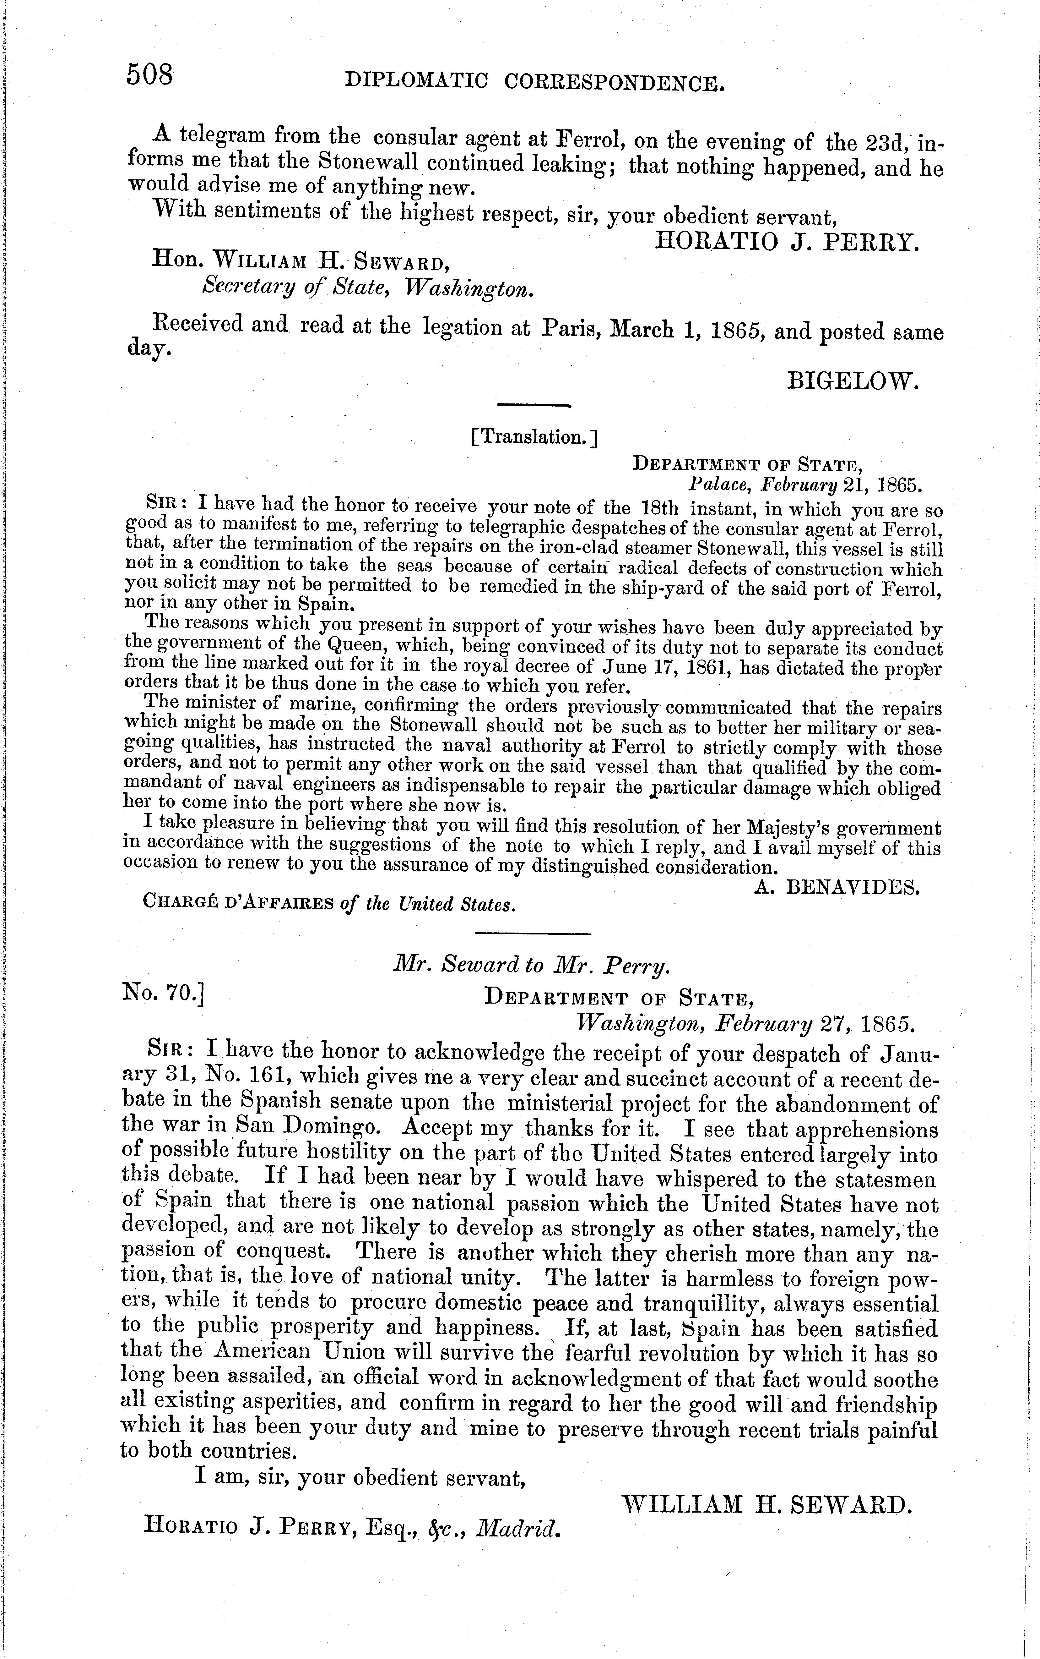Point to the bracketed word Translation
pyautogui.click(x=534, y=437)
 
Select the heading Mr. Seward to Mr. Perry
pyautogui.click(x=530, y=967)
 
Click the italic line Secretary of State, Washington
pyautogui.click(x=368, y=287)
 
